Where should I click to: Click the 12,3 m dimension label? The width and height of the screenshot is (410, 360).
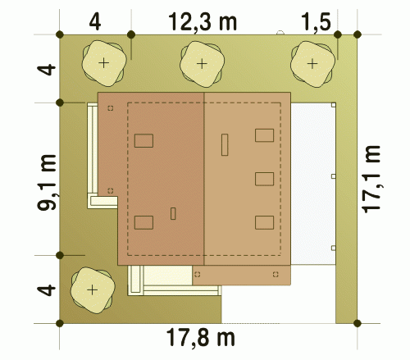203,22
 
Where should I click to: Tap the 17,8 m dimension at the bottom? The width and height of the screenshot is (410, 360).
201,338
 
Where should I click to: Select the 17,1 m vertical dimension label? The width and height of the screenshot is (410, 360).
371,179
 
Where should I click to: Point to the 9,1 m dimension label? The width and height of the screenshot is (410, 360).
47,183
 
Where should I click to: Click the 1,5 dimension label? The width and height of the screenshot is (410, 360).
317,22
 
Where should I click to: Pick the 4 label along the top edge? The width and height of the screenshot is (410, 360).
95,22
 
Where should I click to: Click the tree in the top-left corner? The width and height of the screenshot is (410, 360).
104,63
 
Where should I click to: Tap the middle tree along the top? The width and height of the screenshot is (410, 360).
202,64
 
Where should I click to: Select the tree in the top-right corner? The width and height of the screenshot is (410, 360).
312,64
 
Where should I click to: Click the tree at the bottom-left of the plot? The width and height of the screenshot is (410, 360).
93,290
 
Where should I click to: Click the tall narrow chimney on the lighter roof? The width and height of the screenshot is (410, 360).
225,145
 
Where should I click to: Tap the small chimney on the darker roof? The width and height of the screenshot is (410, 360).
173,214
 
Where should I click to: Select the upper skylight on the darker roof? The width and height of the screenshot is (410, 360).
143,141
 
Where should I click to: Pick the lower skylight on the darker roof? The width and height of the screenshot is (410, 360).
143,222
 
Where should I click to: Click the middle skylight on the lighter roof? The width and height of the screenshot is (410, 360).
264,179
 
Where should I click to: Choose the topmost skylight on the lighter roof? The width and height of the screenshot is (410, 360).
264,135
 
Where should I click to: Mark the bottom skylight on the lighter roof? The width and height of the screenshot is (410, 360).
264,222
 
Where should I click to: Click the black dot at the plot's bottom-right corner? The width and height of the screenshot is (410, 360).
358,323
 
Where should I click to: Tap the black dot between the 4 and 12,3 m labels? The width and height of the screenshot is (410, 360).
131,34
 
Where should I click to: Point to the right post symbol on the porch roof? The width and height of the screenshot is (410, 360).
276,274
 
